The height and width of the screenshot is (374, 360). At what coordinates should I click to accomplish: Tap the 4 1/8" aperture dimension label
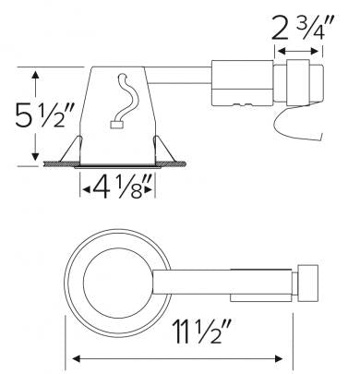click(117, 191)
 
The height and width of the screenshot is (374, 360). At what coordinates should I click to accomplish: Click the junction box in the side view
click(243, 92)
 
